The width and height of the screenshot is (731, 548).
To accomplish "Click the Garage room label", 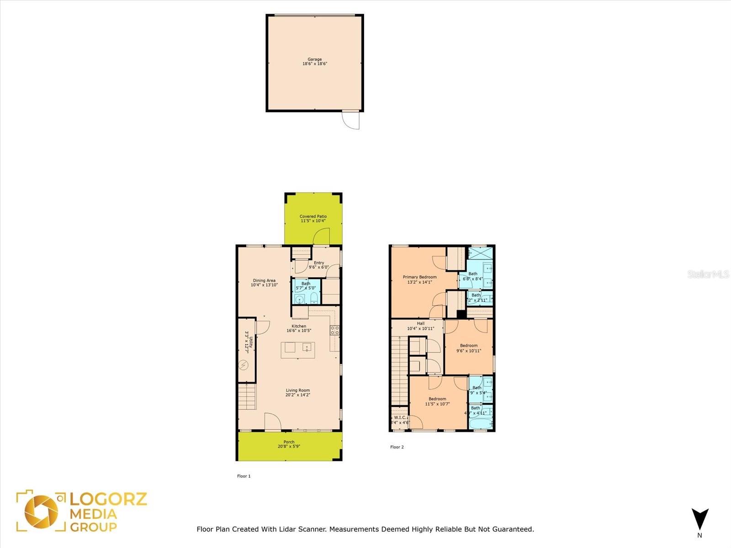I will [314, 59].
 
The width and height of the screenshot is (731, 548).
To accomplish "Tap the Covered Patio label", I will [313, 216].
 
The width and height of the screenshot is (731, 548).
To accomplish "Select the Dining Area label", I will [264, 280].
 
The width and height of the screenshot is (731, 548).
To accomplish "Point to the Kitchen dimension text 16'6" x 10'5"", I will [299, 331].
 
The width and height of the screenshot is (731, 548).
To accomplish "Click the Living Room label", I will [298, 390].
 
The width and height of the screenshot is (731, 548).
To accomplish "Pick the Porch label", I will [289, 442].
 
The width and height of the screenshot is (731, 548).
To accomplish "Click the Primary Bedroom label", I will [419, 277].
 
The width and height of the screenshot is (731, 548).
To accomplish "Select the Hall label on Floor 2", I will [420, 323].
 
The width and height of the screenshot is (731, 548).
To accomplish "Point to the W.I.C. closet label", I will [400, 417].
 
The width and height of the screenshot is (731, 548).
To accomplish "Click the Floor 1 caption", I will [244, 476].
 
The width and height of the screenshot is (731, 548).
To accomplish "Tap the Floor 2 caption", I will [397, 447].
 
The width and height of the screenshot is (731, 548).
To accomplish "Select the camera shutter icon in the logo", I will [41, 511].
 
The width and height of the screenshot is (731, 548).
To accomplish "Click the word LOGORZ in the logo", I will [108, 499].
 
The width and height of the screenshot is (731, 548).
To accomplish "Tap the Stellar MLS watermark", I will [708, 274].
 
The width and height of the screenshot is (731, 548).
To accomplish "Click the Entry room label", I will [319, 263].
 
